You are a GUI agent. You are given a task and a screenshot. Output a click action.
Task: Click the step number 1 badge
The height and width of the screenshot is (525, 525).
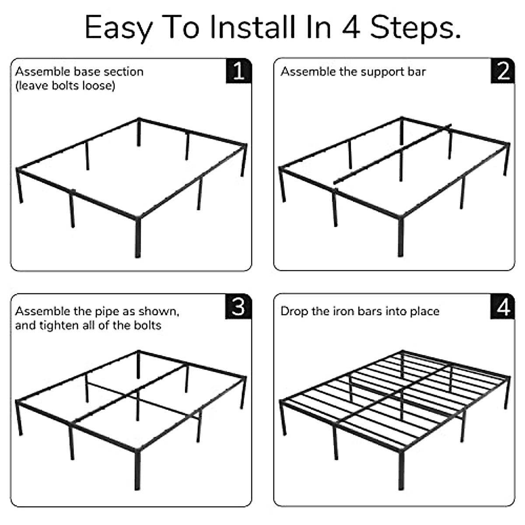(x=239, y=71)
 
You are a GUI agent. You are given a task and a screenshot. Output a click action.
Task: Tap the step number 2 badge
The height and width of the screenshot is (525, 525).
(x=502, y=71)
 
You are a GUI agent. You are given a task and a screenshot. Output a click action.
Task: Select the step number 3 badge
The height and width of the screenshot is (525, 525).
(x=238, y=307)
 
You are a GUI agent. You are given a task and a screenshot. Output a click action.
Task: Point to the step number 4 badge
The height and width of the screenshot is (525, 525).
(x=502, y=307)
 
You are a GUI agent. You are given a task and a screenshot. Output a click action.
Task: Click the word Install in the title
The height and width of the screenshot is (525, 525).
(x=253, y=28)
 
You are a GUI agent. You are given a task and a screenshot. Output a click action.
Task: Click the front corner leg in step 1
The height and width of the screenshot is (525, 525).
(x=138, y=237)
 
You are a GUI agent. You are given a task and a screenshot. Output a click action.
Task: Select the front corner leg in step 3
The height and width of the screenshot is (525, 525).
(x=137, y=470)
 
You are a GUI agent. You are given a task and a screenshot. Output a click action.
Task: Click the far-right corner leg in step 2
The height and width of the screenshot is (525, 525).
(x=507, y=160)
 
